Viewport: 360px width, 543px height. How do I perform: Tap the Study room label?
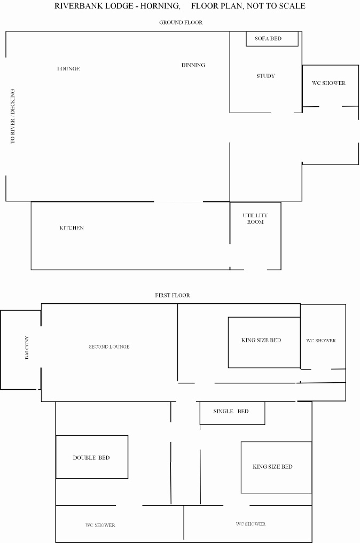tap(266, 76)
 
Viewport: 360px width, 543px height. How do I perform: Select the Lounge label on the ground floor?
tap(68, 68)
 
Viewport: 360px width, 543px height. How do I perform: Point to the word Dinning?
tap(193, 65)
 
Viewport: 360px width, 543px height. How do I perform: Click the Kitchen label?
tap(72, 227)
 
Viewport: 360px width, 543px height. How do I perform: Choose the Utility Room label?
tap(255, 218)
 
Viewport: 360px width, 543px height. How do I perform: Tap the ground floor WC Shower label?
tap(328, 83)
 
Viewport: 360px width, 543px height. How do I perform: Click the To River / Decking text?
tap(12, 116)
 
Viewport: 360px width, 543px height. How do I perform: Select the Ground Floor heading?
tap(181, 22)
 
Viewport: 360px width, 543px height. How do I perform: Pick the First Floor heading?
tap(172, 295)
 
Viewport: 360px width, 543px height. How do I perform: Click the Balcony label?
tap(27, 348)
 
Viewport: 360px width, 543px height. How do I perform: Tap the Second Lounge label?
tap(109, 347)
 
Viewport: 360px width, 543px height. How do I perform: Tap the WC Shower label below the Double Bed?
tap(100, 525)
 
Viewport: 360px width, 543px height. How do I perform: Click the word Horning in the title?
tap(160, 6)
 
